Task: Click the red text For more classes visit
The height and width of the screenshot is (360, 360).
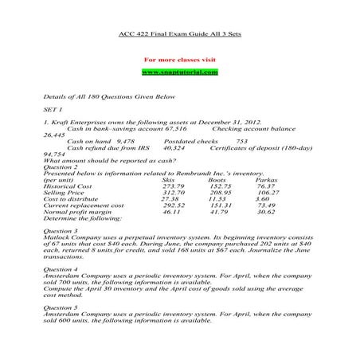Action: (179, 60)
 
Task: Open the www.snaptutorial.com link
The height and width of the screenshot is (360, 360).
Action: (179, 72)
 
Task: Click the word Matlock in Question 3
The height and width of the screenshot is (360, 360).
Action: (58, 238)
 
